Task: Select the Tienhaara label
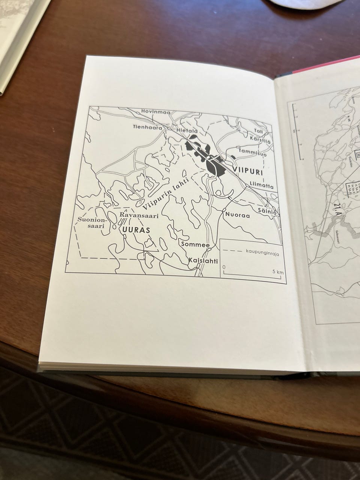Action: point(147,127)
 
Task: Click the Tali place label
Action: point(259,131)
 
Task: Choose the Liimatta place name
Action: point(261,186)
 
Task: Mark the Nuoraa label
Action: point(237,216)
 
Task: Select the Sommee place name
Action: point(195,244)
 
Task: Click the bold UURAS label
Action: point(134,230)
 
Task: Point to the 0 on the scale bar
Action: point(224,267)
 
